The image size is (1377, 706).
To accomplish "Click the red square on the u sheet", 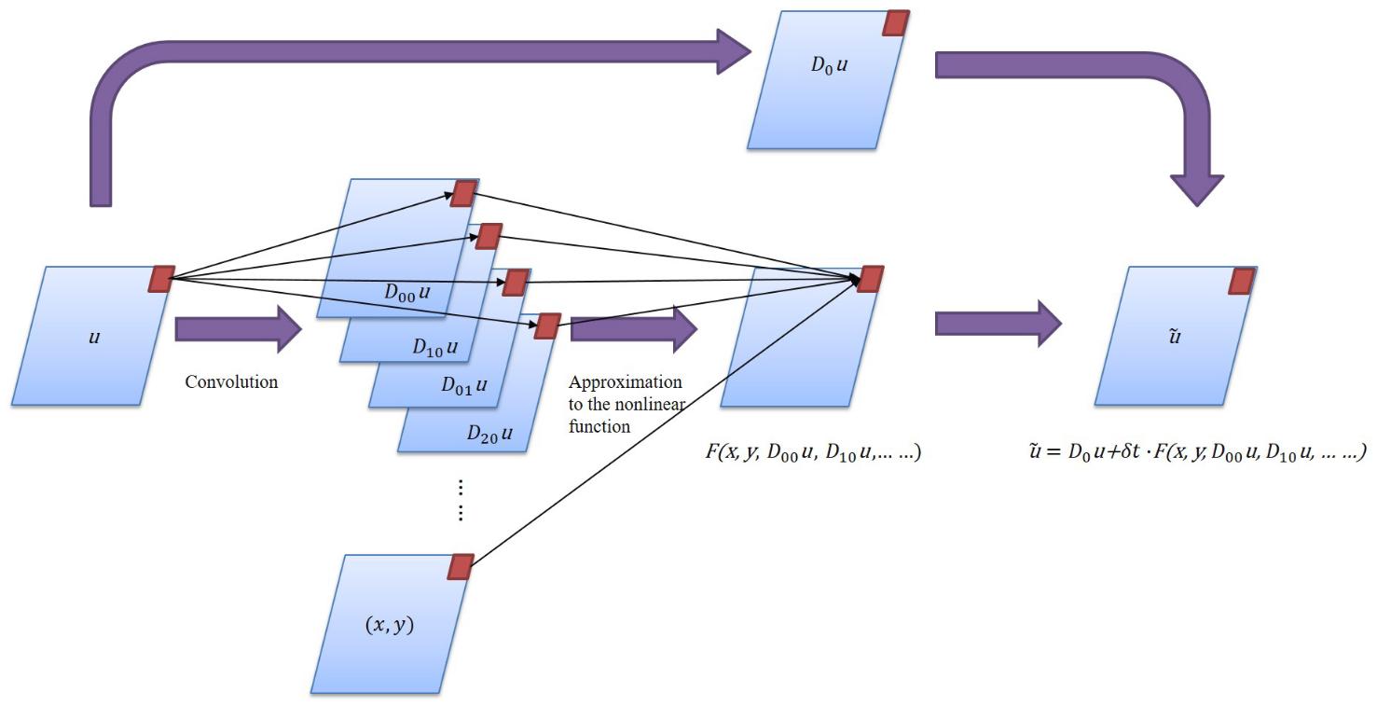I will [x=161, y=278].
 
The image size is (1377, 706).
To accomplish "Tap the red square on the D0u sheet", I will [x=896, y=23].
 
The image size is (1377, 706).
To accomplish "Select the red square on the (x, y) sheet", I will [x=461, y=567].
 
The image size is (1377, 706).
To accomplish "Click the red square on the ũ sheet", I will [x=1242, y=281].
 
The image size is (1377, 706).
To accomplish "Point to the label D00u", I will [x=408, y=290].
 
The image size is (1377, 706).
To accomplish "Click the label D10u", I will [x=435, y=347].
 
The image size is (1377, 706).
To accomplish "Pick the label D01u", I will [x=464, y=384].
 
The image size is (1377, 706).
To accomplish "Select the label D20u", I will [x=490, y=433].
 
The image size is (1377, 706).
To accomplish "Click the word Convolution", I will [x=231, y=381].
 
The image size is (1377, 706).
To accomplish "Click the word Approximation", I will [x=625, y=383].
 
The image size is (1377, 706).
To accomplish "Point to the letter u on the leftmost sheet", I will [x=93, y=337].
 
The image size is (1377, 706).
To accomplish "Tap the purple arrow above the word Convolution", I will [x=239, y=329].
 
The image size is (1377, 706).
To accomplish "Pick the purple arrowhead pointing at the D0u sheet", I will [x=732, y=51].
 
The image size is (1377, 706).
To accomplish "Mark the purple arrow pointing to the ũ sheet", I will [x=998, y=325].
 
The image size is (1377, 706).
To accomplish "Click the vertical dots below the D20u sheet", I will [x=461, y=501].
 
